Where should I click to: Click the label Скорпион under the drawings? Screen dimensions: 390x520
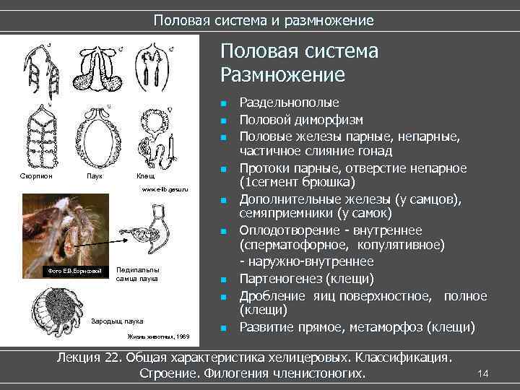[35, 176]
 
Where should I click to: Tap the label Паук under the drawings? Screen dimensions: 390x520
[94, 176]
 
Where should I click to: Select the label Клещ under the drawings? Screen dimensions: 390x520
[145, 176]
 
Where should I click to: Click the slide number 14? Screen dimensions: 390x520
[484, 373]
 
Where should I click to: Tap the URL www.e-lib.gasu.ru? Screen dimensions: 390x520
[165, 189]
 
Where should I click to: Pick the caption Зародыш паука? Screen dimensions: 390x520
[118, 321]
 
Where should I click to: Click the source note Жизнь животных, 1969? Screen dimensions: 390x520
[159, 337]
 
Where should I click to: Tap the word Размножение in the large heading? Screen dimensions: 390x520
[283, 75]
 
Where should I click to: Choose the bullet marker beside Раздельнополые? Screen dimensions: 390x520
[225, 103]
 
